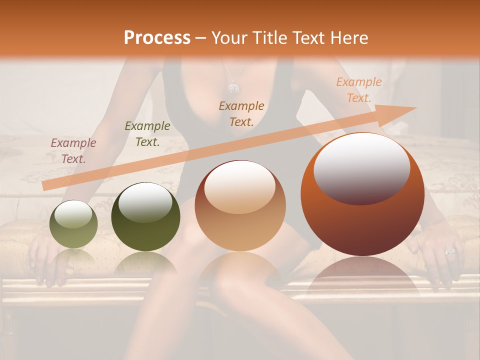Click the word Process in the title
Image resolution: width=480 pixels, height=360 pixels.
tap(157, 37)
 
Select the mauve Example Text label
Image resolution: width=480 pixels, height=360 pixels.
tap(73, 150)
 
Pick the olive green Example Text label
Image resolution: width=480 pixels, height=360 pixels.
tap(147, 133)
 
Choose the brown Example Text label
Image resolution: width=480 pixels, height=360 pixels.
tap(241, 113)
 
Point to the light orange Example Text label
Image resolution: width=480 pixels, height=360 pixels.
tap(358, 90)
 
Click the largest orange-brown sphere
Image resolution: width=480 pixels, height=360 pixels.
tap(362, 220)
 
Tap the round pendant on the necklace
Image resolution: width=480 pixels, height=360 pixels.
tap(233, 88)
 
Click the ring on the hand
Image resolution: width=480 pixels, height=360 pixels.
tap(450, 251)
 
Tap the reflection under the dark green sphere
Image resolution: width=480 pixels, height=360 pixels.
tap(145, 262)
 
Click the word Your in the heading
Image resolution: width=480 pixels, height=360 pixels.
tap(230, 37)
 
